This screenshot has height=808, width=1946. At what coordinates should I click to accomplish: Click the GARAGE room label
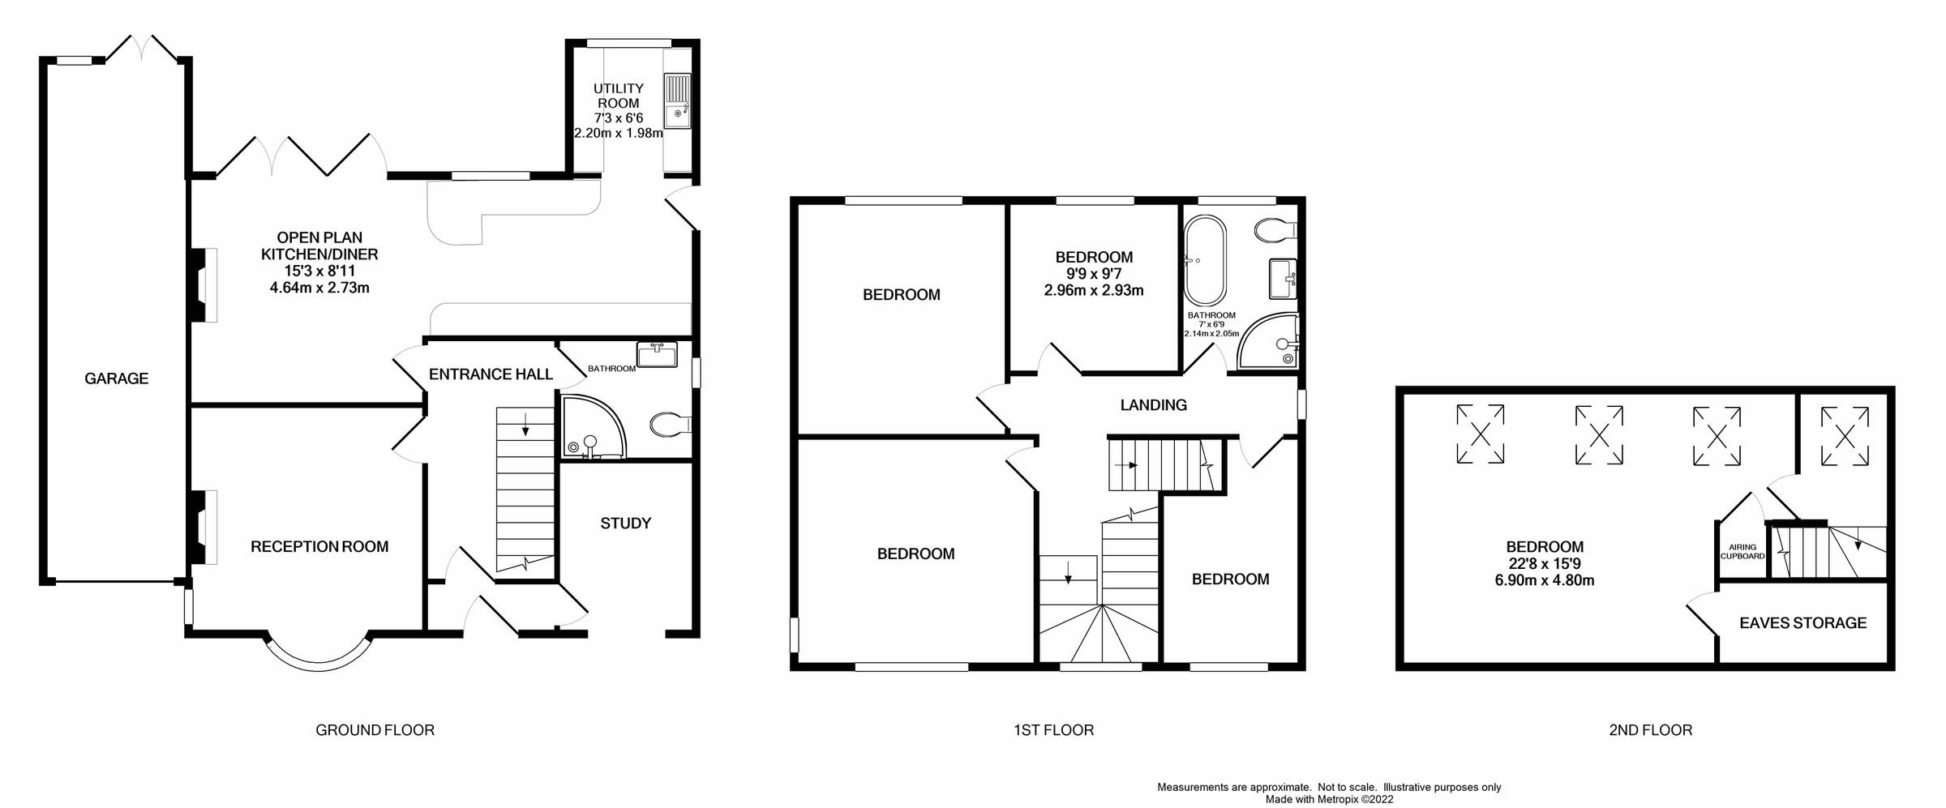click(x=116, y=378)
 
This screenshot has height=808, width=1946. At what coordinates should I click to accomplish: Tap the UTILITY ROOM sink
click(x=677, y=101)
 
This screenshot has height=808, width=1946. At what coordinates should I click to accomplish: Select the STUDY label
click(x=625, y=524)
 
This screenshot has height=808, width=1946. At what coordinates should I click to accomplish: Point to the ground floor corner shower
click(x=591, y=427)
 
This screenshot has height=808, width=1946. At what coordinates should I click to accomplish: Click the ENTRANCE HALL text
click(x=491, y=374)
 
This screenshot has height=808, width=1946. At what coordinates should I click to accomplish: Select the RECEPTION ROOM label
click(x=319, y=547)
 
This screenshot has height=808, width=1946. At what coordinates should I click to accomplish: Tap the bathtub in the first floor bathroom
click(x=1206, y=259)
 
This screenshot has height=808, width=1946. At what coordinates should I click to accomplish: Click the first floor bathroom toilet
click(x=1275, y=231)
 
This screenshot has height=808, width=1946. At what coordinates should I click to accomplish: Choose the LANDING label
click(x=1153, y=405)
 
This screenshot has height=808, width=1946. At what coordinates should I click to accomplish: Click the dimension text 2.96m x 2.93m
click(x=1094, y=291)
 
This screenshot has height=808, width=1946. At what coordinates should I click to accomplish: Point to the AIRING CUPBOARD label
click(x=1742, y=552)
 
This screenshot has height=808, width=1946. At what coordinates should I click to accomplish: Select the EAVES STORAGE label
click(x=1802, y=623)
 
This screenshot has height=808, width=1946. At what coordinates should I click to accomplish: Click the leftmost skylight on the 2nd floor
click(x=1480, y=434)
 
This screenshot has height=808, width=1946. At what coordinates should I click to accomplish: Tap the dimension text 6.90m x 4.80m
click(x=1545, y=580)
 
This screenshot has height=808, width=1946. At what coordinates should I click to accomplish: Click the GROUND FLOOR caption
click(x=375, y=730)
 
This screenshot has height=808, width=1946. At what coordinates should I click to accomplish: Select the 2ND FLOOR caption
click(x=1650, y=730)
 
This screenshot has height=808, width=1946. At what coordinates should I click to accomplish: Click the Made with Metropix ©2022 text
click(x=1329, y=799)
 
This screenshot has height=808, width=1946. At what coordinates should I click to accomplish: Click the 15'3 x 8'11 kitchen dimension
click(x=319, y=271)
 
